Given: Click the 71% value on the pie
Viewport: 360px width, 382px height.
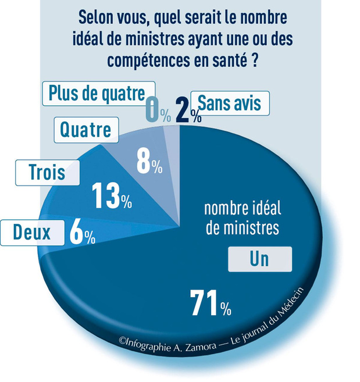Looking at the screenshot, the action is coord(211,304).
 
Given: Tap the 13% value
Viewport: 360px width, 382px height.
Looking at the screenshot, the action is coord(112,196).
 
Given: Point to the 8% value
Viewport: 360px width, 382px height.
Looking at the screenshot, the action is coord(149,161).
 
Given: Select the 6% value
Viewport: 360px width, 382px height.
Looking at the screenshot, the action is coord(83,232).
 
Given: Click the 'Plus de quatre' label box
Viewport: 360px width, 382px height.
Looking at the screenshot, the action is coord(99,94).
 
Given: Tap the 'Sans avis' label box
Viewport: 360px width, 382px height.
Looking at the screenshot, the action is coord(230,103).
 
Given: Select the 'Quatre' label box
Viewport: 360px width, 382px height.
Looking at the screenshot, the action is coord(86,130).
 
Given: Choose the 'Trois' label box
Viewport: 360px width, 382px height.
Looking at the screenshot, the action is coord(48,173).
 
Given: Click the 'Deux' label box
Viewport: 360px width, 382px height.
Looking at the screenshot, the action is coord(33,233).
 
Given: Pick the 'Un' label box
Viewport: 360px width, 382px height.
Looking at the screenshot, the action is coord(260,259).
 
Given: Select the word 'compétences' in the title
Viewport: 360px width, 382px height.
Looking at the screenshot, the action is coord(149,60).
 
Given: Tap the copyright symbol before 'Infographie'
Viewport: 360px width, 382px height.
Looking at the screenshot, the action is coord(122,340).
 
